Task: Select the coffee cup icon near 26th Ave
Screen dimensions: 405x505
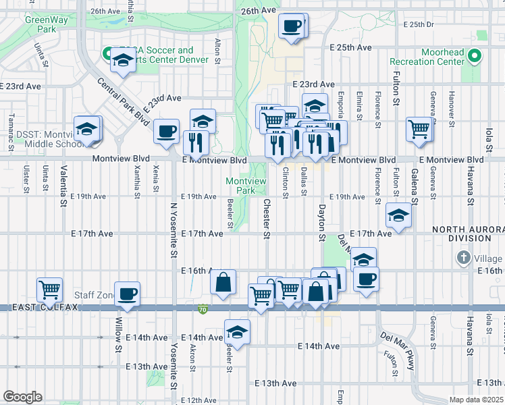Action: click(x=292, y=26)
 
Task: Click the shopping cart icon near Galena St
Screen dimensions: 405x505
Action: click(x=419, y=128)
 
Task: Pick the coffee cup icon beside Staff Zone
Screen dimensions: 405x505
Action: click(x=127, y=294)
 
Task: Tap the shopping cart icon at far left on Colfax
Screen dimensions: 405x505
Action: click(x=49, y=290)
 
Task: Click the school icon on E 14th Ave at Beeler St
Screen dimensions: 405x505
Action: click(x=237, y=331)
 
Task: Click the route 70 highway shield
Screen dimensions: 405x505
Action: click(x=203, y=310)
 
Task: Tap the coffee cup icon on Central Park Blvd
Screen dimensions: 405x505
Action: click(x=166, y=131)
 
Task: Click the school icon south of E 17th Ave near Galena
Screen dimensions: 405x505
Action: click(x=399, y=215)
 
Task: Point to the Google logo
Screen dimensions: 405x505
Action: click(x=22, y=397)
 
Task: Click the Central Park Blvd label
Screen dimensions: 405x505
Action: click(x=122, y=101)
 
